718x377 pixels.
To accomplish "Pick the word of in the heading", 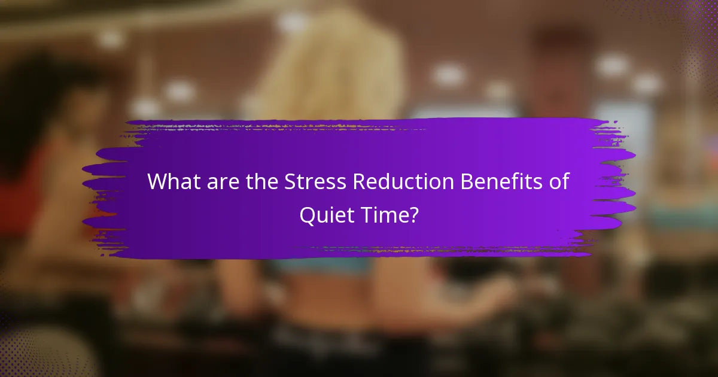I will tap(557, 181).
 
